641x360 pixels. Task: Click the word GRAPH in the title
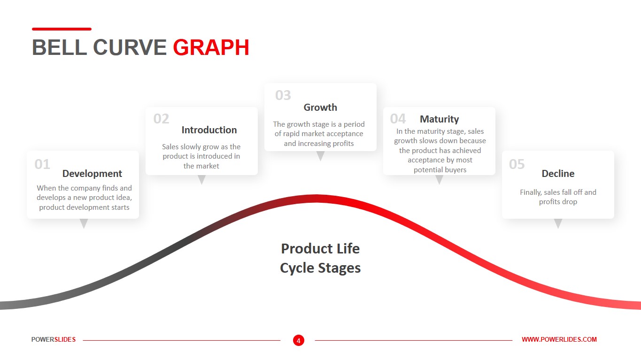coord(211,48)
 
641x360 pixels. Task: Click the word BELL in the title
coord(59,48)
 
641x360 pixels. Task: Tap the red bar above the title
coord(62,29)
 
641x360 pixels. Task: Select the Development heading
coord(92,174)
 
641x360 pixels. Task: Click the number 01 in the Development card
coord(42,164)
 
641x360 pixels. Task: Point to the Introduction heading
coord(209,130)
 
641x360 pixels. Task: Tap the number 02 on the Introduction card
coord(161,119)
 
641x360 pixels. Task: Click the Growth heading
coord(320,107)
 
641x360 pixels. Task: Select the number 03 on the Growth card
coord(283,96)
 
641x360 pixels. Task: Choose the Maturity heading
coord(439,119)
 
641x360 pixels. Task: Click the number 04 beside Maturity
coord(398,119)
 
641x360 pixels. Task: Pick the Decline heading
coord(558,174)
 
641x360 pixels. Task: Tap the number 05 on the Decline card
coord(517,164)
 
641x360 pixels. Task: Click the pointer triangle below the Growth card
coord(320,155)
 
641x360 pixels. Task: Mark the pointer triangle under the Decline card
coord(558,223)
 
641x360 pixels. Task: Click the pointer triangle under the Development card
coord(84,223)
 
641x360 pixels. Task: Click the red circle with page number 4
coord(299,340)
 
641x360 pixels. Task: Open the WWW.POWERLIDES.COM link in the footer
coord(559,339)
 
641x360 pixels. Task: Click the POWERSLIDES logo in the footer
coord(54,339)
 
